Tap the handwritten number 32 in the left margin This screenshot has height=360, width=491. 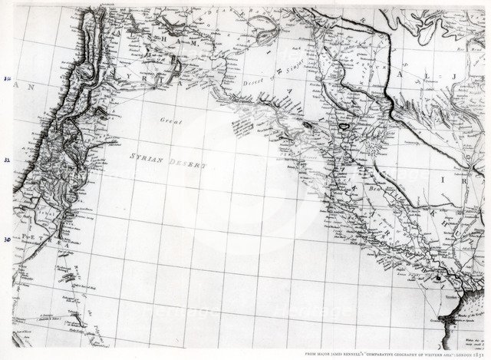coord(6,160)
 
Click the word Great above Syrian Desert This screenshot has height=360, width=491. coord(170,121)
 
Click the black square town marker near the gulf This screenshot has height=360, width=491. coord(438,281)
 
